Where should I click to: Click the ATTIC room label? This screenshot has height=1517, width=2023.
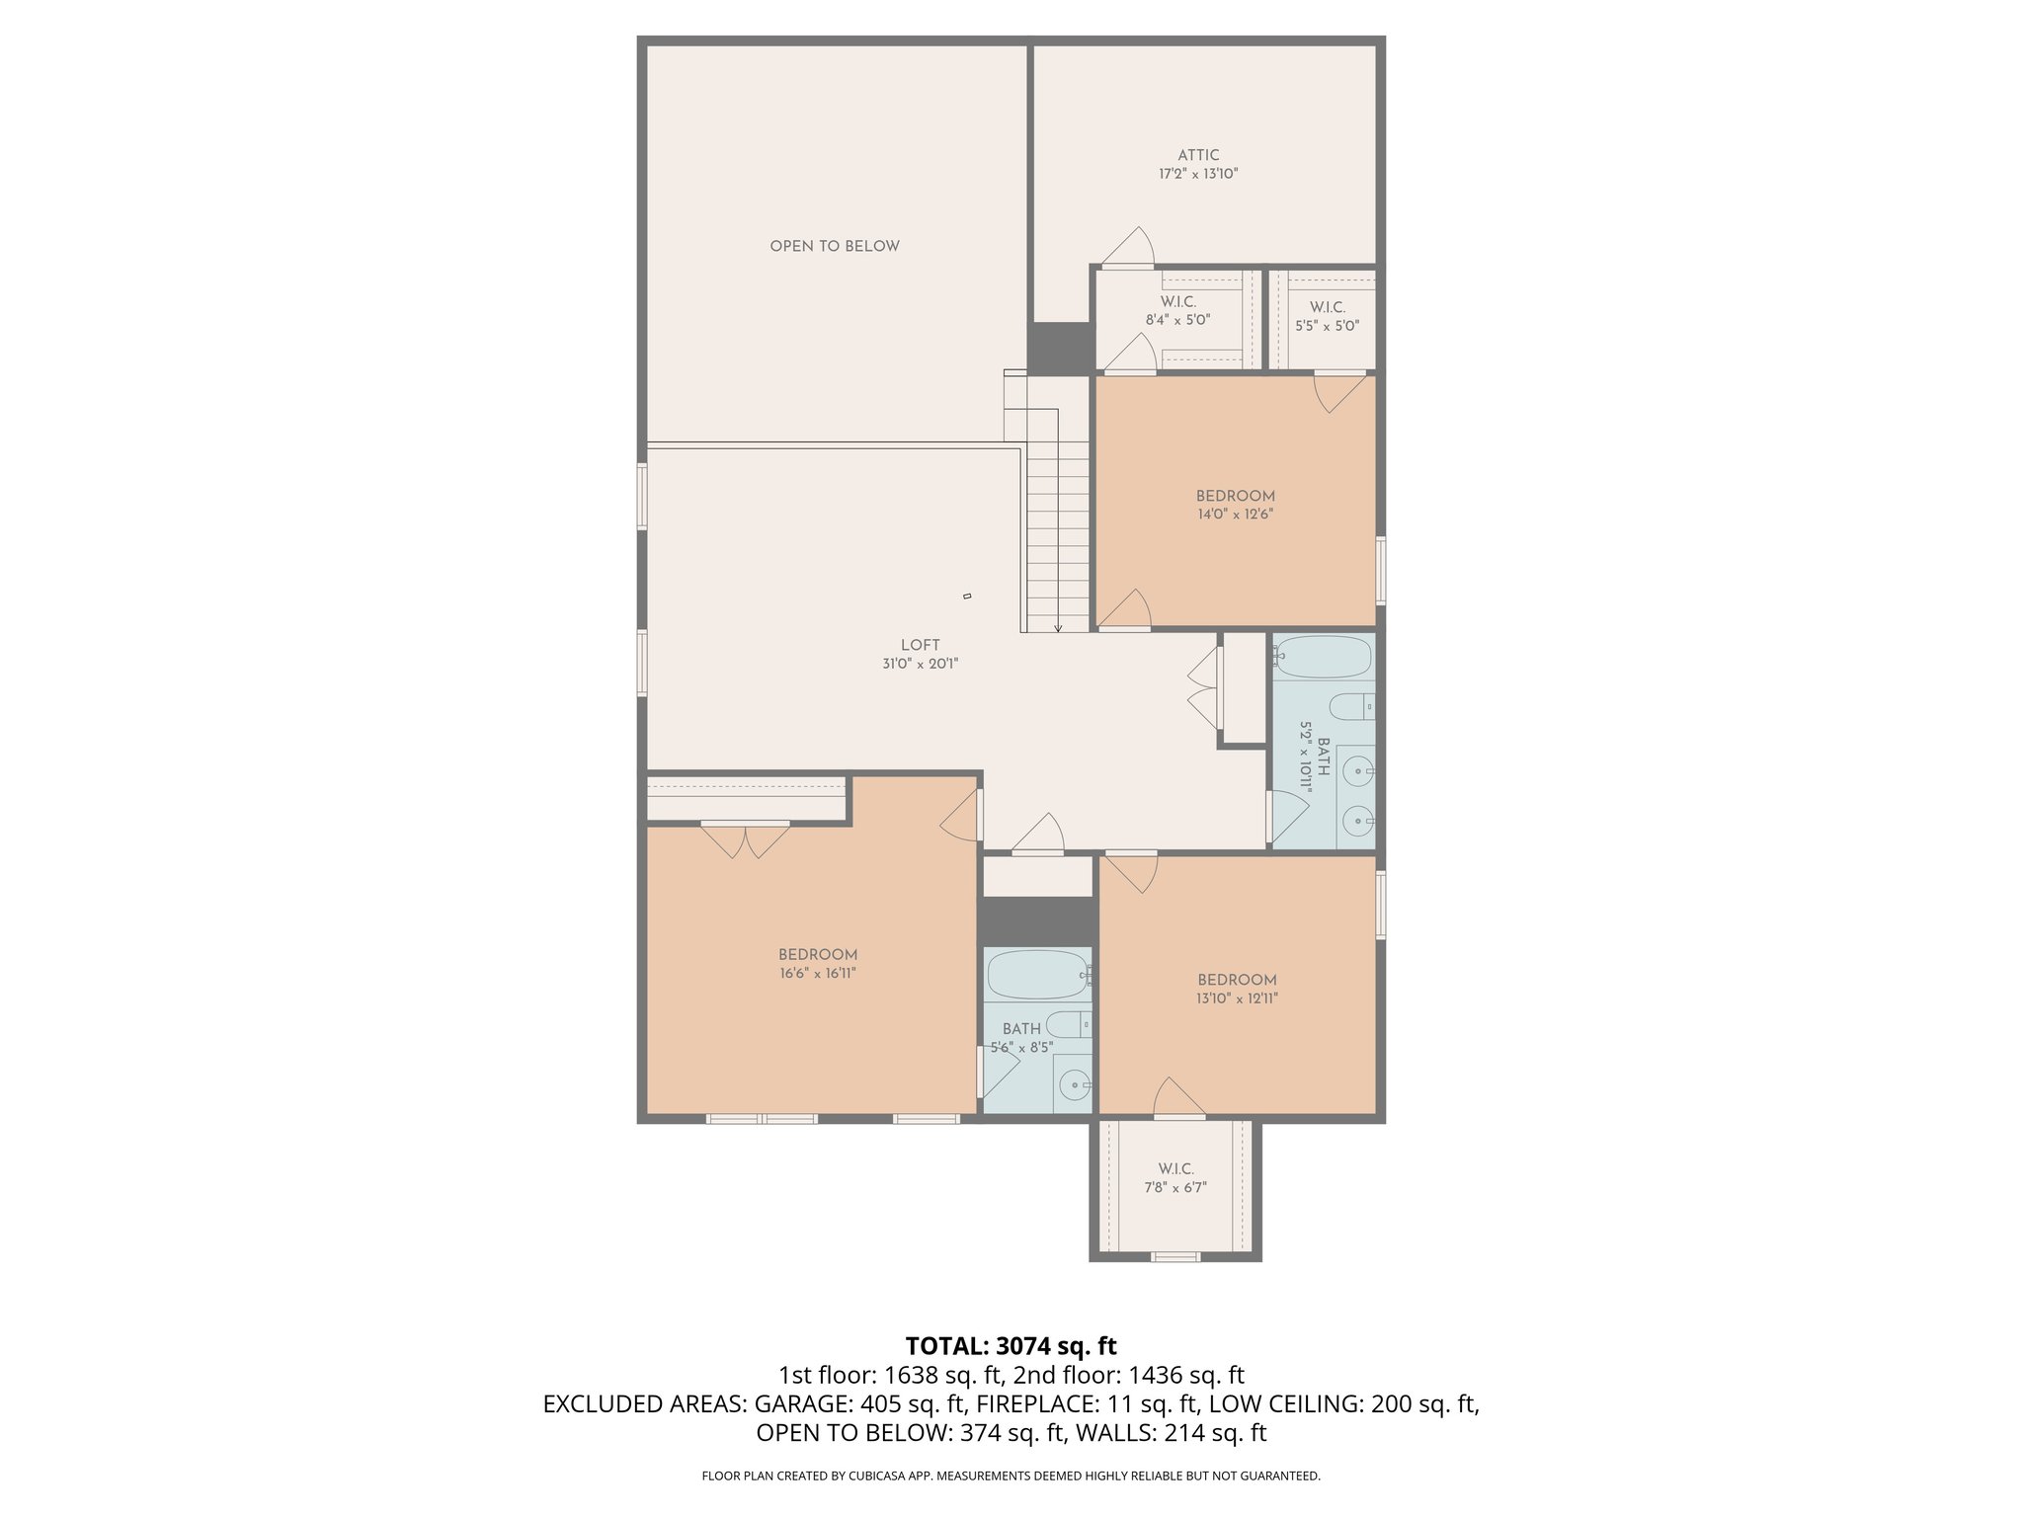pos(1198,155)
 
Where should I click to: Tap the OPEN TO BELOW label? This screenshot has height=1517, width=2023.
pos(835,246)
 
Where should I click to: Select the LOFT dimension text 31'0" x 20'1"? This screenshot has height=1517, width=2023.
pos(920,665)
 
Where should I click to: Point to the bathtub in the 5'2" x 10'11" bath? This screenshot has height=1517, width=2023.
pos(1323,657)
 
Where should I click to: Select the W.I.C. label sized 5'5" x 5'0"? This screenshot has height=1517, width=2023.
pos(1327,307)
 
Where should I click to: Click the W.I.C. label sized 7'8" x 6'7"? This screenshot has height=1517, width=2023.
pos(1175,1169)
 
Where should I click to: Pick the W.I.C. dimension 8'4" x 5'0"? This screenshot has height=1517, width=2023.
pos(1177,320)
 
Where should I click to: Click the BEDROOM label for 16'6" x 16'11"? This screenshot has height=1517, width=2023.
pos(817,955)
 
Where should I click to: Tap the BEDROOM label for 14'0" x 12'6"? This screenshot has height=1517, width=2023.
pos(1235,496)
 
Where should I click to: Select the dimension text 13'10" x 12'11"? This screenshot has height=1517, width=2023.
pos(1238,998)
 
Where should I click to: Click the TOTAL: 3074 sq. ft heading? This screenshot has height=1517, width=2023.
pos(1011,1346)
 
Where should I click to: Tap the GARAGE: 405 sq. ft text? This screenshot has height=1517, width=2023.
pos(859,1404)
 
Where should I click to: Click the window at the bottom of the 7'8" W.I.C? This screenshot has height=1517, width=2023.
pos(1175,1256)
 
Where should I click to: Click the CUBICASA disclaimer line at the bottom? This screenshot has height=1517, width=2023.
pos(1011,1476)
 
